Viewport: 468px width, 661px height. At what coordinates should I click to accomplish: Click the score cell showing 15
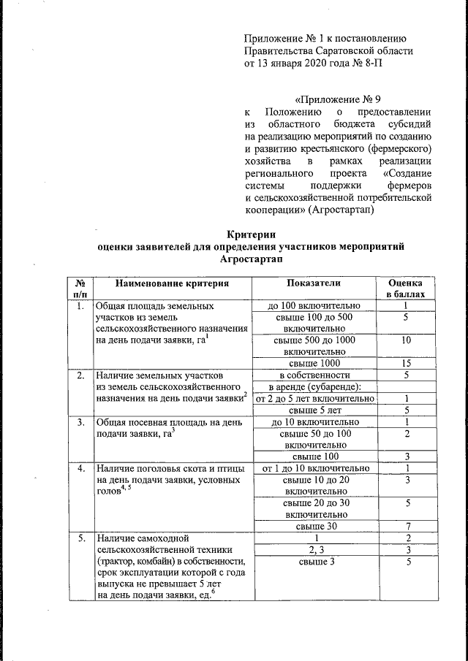click(406, 363)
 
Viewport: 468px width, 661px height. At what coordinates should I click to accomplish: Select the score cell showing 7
click(406, 526)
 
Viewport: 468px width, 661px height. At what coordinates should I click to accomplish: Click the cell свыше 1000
click(315, 363)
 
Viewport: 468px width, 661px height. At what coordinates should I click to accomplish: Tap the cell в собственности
click(315, 375)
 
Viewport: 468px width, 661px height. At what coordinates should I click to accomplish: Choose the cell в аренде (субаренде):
click(315, 386)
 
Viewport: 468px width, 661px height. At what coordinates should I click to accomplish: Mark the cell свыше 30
click(315, 526)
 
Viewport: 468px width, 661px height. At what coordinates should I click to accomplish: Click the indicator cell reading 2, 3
click(315, 549)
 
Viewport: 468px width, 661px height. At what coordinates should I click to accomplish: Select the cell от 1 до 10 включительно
click(315, 468)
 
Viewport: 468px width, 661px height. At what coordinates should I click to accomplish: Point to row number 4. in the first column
click(78, 468)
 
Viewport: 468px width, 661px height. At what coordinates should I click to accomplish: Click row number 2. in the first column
click(78, 375)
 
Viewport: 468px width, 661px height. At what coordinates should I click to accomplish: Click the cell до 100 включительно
click(315, 305)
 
